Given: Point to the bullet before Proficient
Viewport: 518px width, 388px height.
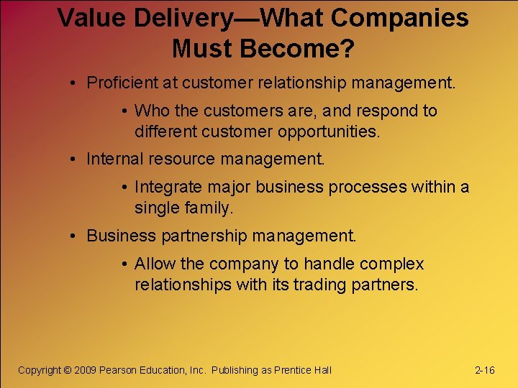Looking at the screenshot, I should [x=75, y=83].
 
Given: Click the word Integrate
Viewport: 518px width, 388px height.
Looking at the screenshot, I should [x=168, y=188].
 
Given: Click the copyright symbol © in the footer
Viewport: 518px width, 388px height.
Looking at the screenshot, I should [x=68, y=370].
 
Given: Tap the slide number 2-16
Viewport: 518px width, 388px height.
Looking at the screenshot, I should [x=485, y=370].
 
